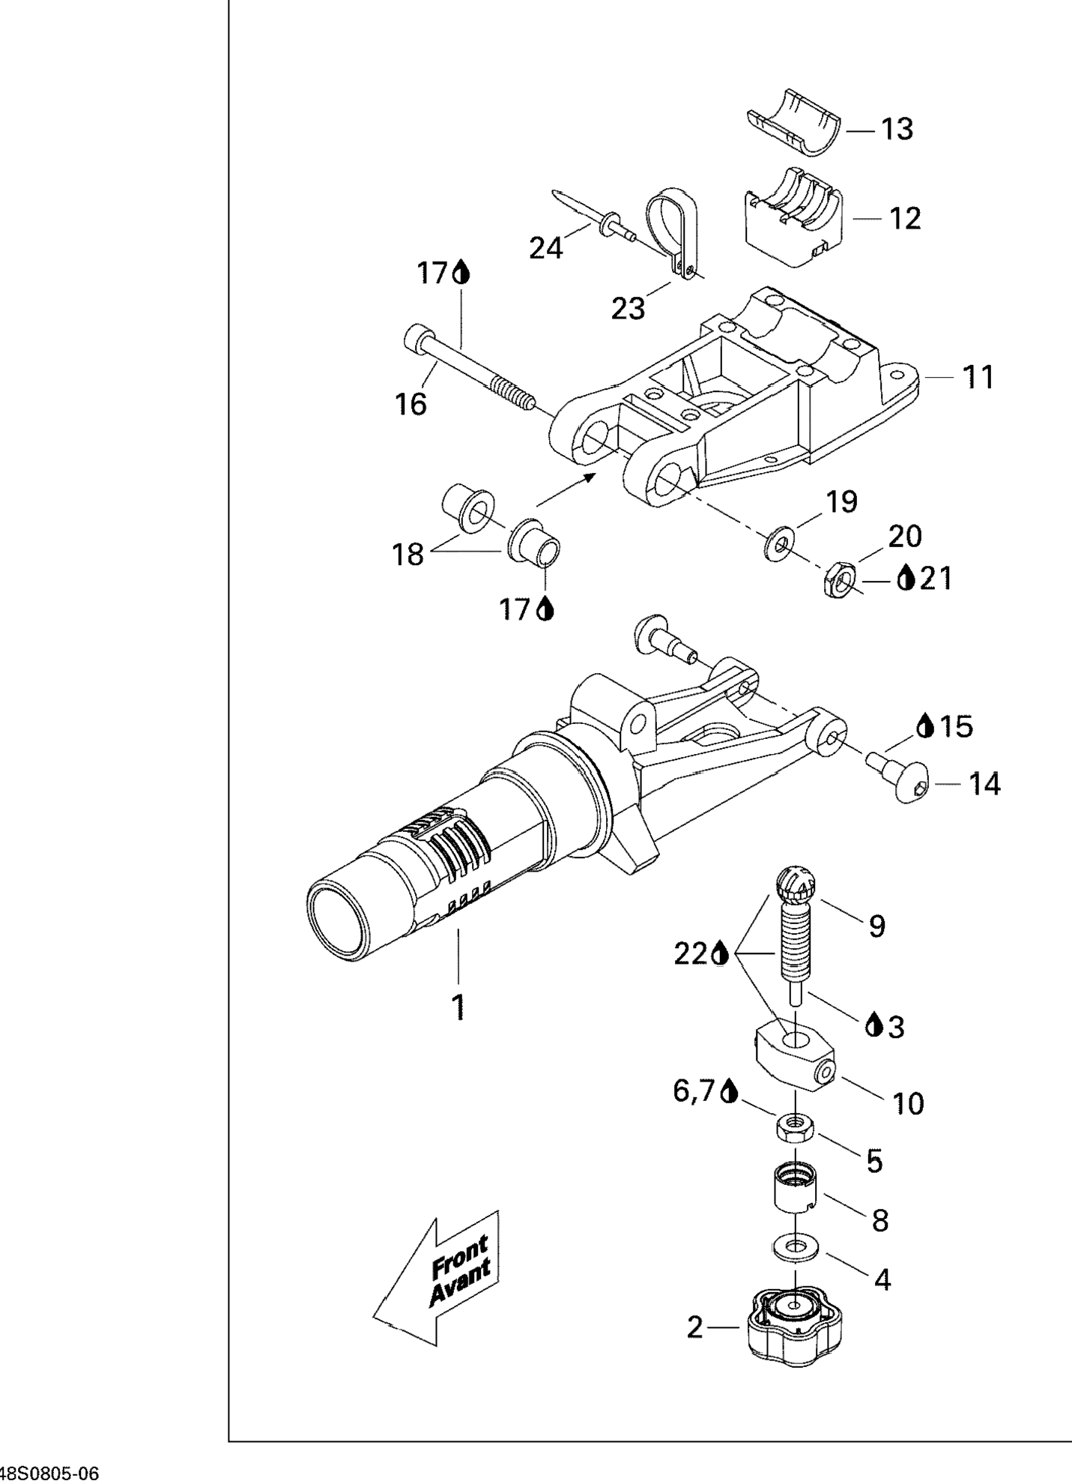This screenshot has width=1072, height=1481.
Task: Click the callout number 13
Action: [897, 130]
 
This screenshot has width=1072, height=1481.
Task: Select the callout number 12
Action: [904, 219]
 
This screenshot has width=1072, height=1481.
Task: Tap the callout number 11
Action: [978, 377]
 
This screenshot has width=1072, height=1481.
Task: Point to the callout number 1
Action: [458, 1007]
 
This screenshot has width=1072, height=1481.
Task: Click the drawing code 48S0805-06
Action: [49, 1473]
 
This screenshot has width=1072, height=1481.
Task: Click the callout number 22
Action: [691, 954]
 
